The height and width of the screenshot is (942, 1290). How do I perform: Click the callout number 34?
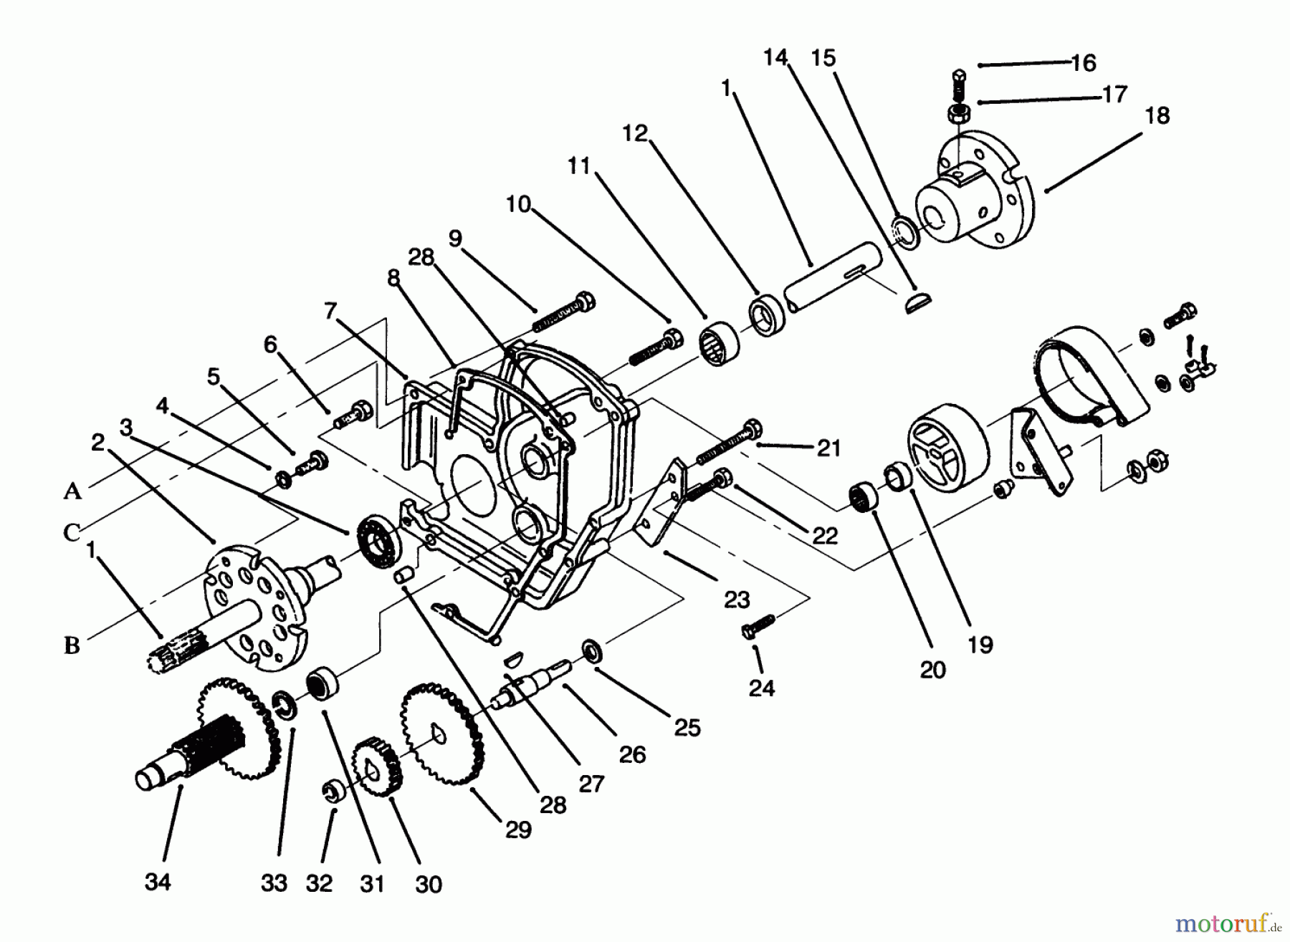click(x=158, y=882)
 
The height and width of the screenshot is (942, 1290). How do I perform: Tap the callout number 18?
click(x=1157, y=115)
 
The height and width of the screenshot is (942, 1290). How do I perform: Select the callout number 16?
click(x=1084, y=63)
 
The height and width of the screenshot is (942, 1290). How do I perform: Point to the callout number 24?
click(x=761, y=688)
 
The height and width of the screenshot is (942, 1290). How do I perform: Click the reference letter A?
click(x=72, y=491)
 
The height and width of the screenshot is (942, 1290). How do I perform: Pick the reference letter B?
click(x=72, y=645)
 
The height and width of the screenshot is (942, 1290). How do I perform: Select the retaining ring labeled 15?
click(x=904, y=232)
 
